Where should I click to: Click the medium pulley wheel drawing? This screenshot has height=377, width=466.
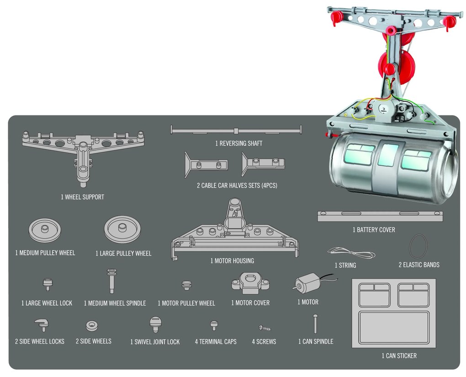click(x=44, y=230)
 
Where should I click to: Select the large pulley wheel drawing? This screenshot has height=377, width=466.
click(x=122, y=229)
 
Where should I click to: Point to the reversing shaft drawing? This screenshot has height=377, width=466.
click(x=237, y=131)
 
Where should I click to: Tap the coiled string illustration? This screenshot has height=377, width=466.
click(x=351, y=252)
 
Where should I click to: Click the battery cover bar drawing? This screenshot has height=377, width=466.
click(x=380, y=216)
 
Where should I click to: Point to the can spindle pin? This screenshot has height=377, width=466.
click(x=315, y=324)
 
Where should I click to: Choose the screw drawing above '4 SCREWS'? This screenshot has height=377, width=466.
click(x=264, y=327)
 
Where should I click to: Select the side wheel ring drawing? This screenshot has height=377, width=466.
click(x=92, y=326)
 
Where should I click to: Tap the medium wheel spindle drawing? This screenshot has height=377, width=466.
click(x=111, y=281)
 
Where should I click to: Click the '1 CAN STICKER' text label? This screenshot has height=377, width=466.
click(x=399, y=356)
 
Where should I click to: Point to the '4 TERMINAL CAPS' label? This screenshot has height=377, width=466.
click(x=215, y=341)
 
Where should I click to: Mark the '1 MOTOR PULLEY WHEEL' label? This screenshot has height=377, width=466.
click(x=186, y=303)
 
